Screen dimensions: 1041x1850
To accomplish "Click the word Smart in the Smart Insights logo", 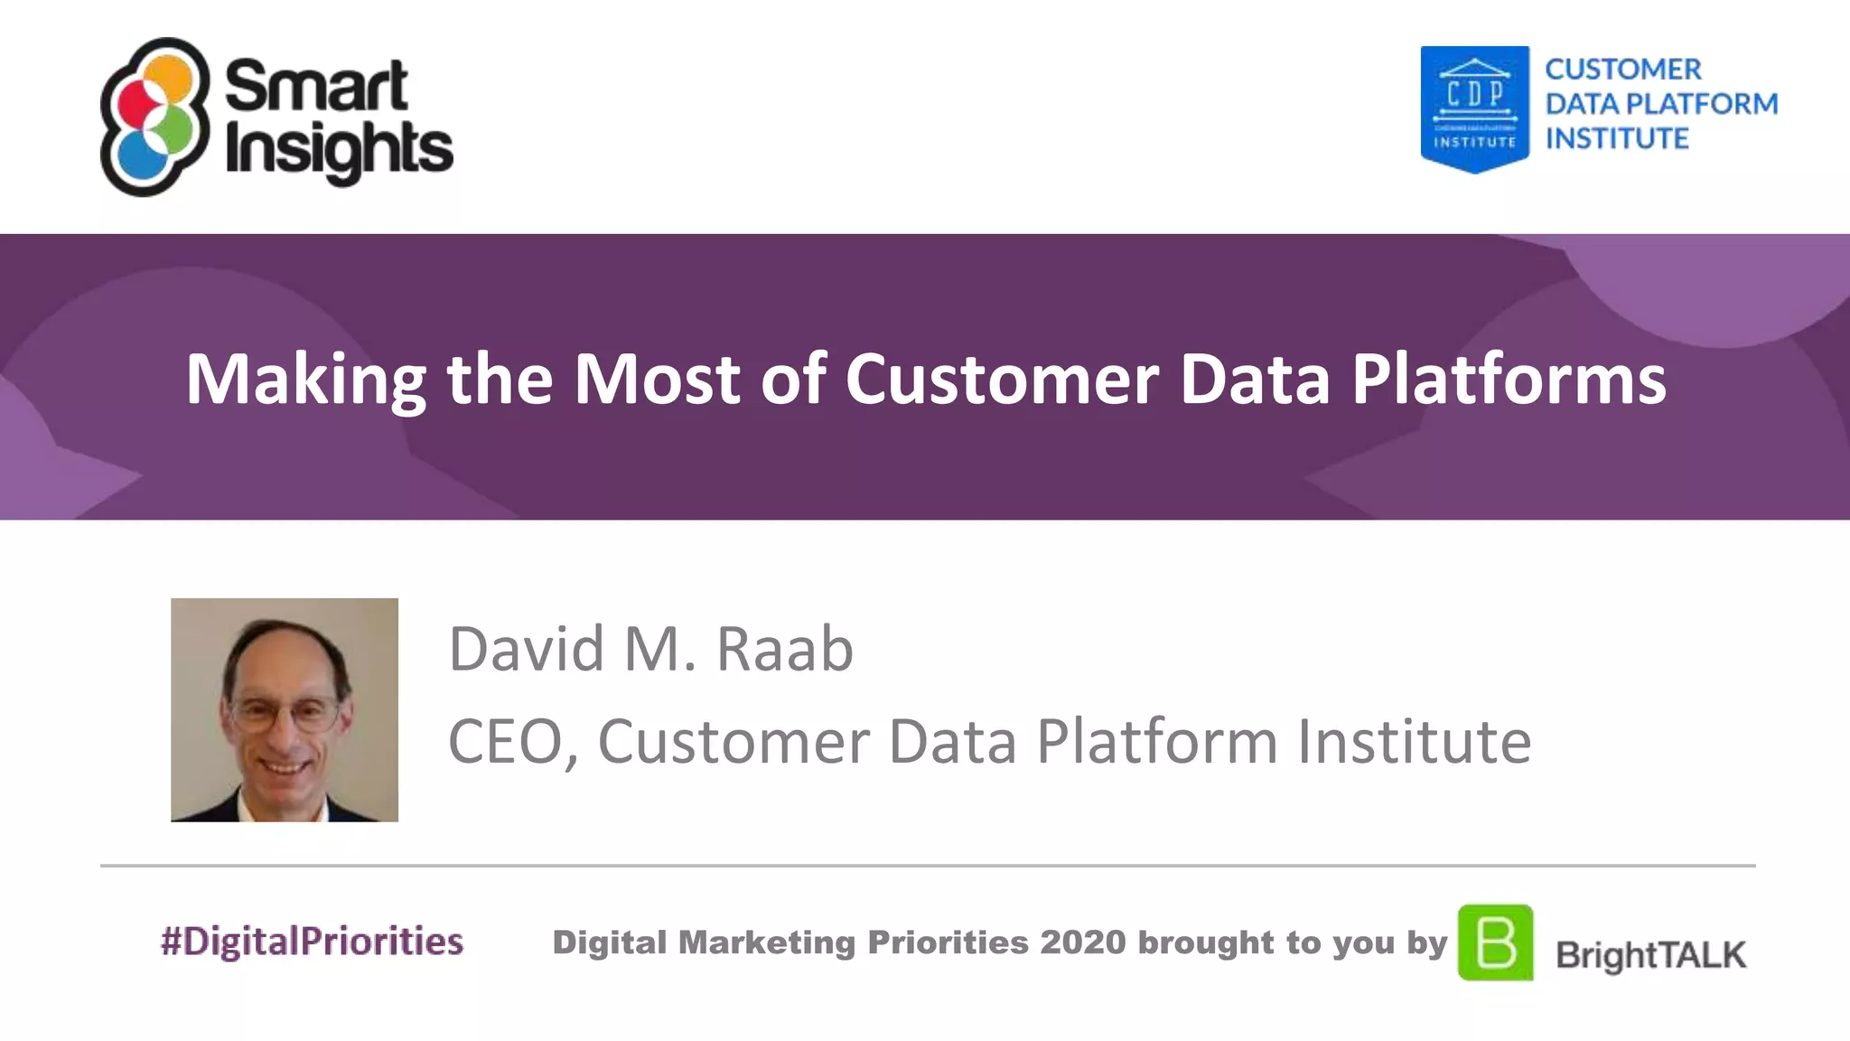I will (x=316, y=86).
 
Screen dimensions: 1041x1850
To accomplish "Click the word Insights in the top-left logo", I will (x=338, y=150).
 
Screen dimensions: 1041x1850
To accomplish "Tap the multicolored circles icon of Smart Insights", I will (x=154, y=117).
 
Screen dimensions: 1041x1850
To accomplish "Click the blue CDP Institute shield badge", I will (x=1474, y=108).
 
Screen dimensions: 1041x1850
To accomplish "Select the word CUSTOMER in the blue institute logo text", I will (x=1622, y=70).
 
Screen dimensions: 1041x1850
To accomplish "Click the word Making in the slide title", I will (x=305, y=380).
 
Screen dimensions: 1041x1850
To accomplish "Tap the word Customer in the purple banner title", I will (x=1001, y=380).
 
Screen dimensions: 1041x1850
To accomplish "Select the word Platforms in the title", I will (x=1509, y=380).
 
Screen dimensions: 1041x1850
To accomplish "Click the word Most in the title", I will (x=658, y=380).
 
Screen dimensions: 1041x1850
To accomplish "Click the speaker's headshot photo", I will (x=285, y=709).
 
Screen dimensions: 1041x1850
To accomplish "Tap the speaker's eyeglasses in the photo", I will (x=285, y=714).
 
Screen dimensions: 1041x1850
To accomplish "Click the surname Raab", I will (x=784, y=649).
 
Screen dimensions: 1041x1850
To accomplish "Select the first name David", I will (x=527, y=649).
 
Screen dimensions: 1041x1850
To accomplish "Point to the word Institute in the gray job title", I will (x=1414, y=743).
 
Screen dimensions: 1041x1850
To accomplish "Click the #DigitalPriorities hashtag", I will (x=312, y=942).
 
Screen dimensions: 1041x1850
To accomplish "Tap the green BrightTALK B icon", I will (x=1495, y=943).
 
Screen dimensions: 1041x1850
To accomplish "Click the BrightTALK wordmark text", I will (x=1650, y=955).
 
